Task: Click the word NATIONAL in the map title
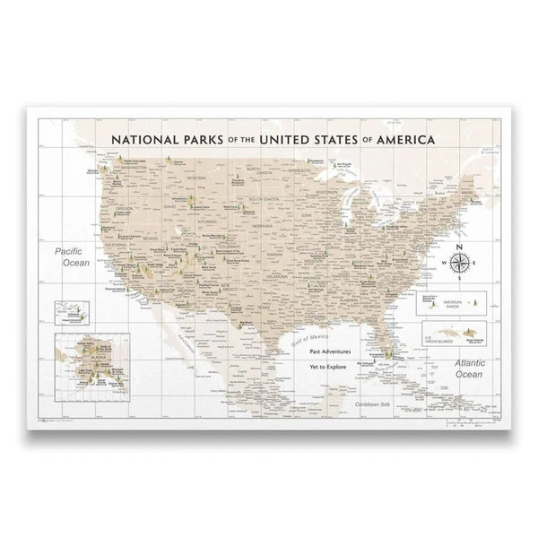pyautogui.click(x=148, y=140)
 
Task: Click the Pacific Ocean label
pyautogui.click(x=71, y=257)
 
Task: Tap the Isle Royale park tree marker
pyautogui.click(x=335, y=166)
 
